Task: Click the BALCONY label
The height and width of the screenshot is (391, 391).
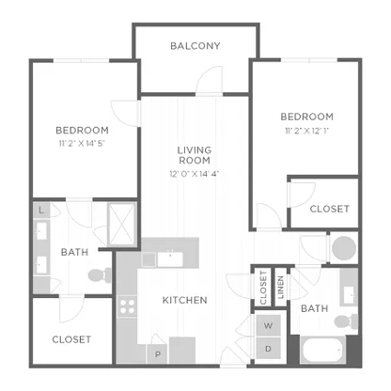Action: (195, 46)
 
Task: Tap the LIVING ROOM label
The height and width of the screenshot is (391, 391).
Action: (195, 155)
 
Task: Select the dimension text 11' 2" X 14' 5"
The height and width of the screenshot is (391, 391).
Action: (82, 144)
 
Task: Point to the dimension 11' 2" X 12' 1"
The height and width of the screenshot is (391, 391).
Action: (306, 131)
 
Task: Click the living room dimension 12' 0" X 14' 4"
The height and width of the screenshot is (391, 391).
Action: (195, 174)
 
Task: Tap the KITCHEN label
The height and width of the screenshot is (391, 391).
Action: (185, 300)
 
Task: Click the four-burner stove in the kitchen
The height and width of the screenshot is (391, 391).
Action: (128, 306)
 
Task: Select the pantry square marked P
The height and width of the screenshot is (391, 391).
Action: (158, 354)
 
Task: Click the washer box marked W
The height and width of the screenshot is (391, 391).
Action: (268, 325)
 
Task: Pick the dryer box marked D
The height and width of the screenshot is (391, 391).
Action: (268, 349)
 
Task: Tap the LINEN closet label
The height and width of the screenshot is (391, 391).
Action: (281, 287)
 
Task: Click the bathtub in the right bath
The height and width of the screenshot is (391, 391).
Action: (322, 350)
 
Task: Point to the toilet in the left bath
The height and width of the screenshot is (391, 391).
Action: (100, 275)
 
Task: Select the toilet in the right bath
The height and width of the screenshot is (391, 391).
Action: (346, 321)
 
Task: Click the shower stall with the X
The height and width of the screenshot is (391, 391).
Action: (121, 225)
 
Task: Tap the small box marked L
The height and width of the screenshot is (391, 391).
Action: (41, 211)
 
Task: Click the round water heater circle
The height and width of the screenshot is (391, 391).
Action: (344, 248)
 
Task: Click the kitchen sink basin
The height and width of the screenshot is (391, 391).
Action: (170, 259)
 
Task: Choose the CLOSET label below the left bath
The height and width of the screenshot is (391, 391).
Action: (71, 339)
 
